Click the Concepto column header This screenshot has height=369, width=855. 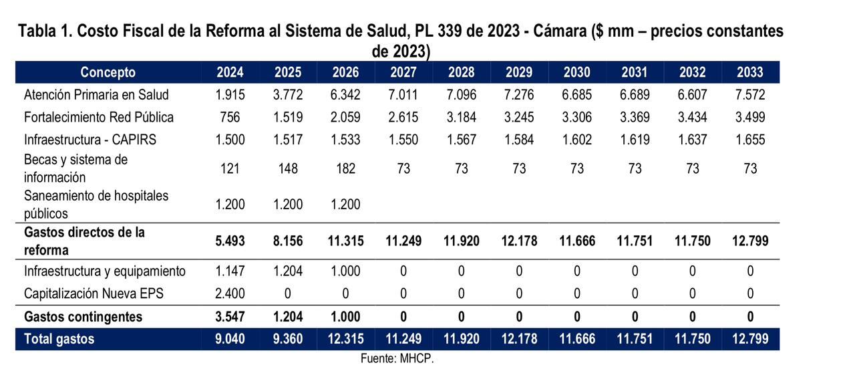pos(108,72)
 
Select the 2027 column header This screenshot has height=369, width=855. pos(403,72)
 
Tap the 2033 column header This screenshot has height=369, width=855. pos(750,72)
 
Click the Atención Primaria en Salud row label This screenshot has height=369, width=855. pos(96,95)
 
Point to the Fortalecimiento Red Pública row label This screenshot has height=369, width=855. pos(98,118)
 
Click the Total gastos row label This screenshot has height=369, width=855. pos(59,339)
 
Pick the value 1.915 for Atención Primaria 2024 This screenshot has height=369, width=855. pos(230,95)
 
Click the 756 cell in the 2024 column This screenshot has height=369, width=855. pos(230,118)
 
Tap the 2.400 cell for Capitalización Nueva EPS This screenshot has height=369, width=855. pos(230,293)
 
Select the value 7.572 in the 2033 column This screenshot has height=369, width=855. pos(750,95)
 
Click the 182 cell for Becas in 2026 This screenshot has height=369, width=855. pos(345,168)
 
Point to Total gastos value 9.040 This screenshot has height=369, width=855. pos(230,339)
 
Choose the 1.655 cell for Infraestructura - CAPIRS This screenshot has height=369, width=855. pos(750,140)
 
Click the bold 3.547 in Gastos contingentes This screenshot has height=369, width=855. pos(230,316)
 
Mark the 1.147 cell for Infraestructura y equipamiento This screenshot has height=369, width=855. pos(230,271)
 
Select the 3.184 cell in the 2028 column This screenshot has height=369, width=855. pos(462,118)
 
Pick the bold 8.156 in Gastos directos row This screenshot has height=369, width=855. pos(288,241)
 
